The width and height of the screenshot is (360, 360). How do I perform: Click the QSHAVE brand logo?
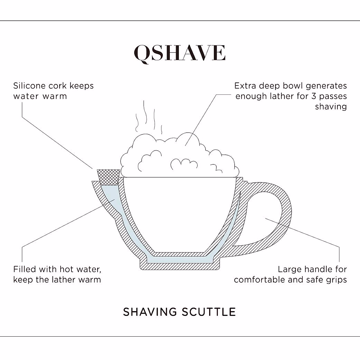tap(179, 53)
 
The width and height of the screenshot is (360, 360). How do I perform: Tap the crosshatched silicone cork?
tap(109, 177)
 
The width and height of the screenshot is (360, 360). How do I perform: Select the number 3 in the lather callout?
tap(314, 96)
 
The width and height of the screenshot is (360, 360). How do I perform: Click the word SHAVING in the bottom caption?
tap(150, 312)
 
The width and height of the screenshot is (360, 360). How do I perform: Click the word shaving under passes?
tap(331, 107)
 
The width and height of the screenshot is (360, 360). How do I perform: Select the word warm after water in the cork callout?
tap(55, 96)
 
